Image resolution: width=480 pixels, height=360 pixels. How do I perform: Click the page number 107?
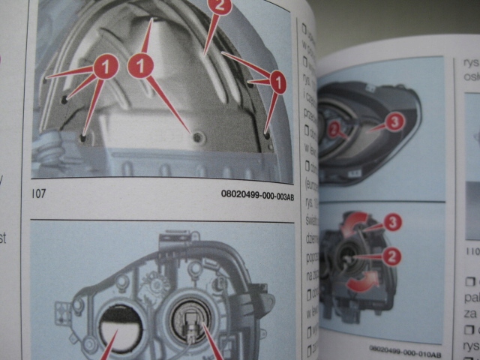(x=39, y=193)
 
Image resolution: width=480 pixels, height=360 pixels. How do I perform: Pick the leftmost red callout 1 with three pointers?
(x=106, y=67)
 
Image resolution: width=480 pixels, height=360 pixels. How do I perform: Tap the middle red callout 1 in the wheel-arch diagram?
(x=139, y=67)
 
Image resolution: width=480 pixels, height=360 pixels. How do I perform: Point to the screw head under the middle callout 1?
(x=197, y=136)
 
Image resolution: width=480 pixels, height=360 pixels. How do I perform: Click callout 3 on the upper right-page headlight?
(x=396, y=121)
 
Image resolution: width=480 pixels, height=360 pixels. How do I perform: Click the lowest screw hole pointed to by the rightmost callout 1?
(x=268, y=135)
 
